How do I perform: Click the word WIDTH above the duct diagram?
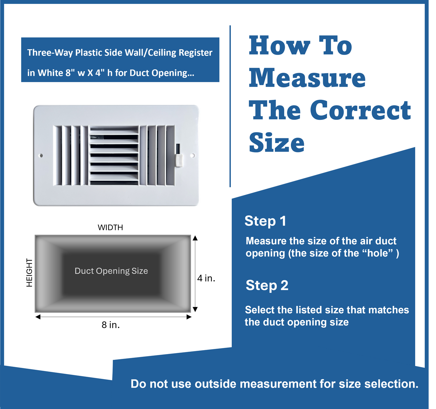pos(110,227)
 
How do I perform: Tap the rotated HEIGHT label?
pos(29,273)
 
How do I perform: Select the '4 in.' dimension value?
pos(206,278)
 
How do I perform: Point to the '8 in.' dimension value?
pos(111,325)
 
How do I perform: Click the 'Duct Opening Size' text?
pos(111,271)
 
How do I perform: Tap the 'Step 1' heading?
pos(265,221)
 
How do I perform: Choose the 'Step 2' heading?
pos(267,286)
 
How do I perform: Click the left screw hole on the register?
pos(41,156)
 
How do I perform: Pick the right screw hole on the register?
pos(193,156)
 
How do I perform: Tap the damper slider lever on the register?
pos(179,160)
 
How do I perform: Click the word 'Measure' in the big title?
pos(307,78)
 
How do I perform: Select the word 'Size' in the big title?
pos(277,143)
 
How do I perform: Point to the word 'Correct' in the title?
pos(360,110)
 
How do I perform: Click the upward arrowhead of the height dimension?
pos(195,238)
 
